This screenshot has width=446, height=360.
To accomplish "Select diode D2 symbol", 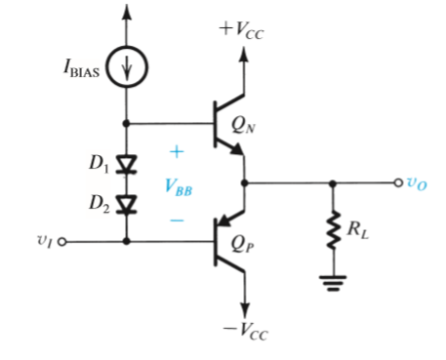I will point(126,204).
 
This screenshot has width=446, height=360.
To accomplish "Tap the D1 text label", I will point(98,162).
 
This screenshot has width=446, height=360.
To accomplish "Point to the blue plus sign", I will point(177,153).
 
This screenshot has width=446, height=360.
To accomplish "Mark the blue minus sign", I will point(177,221).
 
